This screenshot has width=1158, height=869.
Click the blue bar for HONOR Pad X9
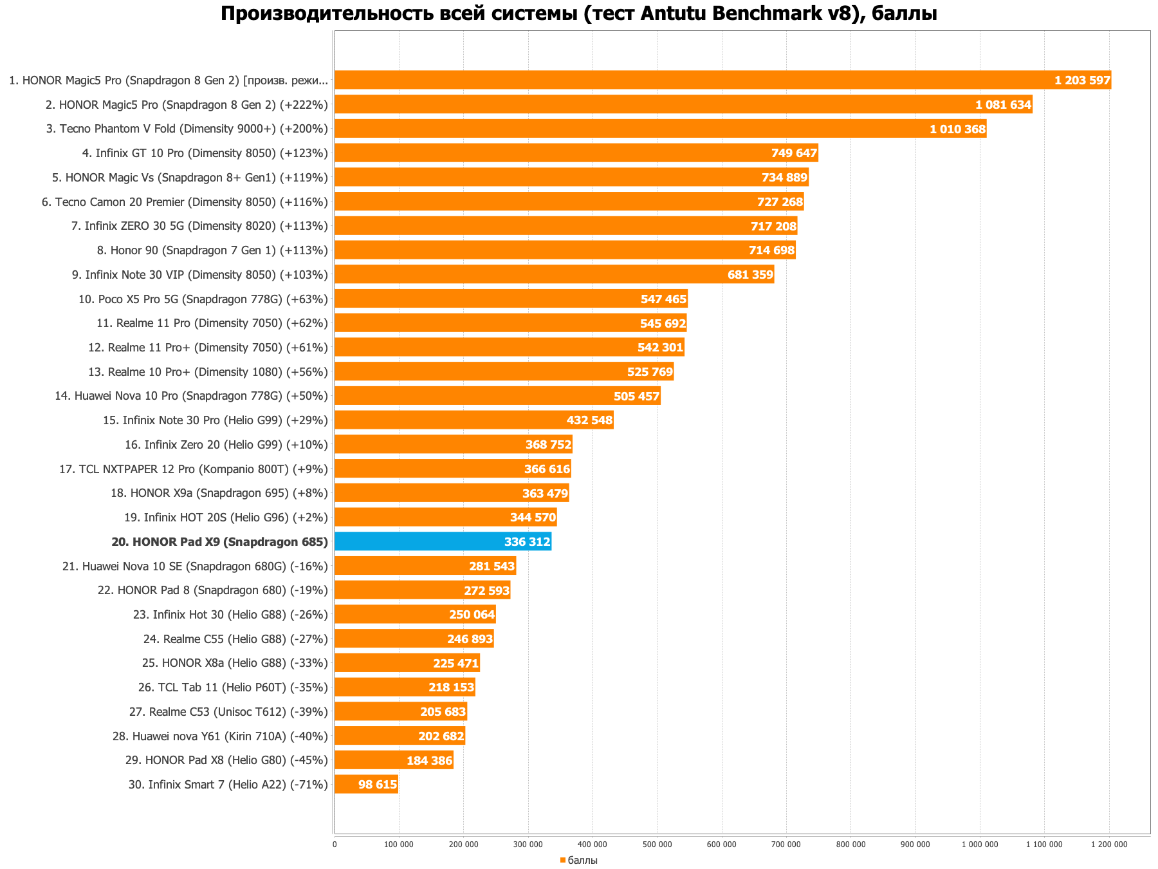443,541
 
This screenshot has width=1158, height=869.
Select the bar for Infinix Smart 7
366,784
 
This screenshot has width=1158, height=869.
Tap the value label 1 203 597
1082,80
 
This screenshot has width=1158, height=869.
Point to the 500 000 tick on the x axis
657,844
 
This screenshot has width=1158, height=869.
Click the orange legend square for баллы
562,860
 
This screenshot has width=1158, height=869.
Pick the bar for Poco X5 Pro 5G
511,299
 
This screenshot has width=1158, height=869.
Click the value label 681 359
750,275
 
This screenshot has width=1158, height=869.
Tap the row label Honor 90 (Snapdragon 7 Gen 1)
212,250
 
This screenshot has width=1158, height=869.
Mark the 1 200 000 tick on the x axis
1109,844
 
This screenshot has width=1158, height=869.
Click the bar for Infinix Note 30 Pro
473,420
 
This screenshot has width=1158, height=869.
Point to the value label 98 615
378,785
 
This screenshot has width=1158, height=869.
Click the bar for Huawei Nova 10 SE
425,566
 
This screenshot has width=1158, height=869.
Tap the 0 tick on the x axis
335,844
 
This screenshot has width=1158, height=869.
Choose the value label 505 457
636,396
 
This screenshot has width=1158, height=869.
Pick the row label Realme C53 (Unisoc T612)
228,712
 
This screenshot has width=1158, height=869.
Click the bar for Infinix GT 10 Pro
576,153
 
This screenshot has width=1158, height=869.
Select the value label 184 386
429,760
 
